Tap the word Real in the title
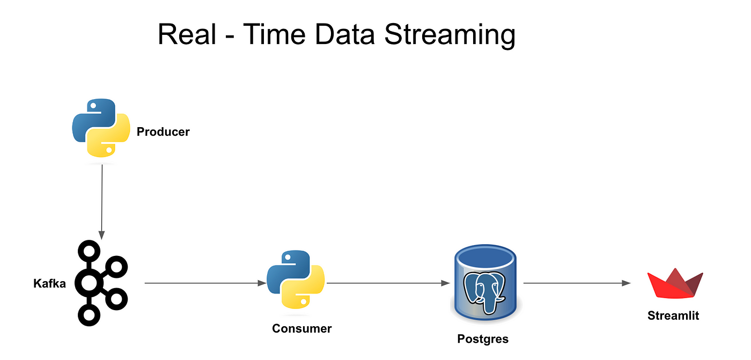(x=187, y=34)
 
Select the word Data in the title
(x=344, y=34)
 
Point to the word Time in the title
(x=274, y=34)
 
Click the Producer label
(x=163, y=132)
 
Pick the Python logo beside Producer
(x=101, y=128)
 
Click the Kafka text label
(x=49, y=284)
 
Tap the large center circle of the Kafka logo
(x=89, y=284)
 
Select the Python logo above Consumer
(x=296, y=279)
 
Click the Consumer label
(x=301, y=328)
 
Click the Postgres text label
(x=483, y=339)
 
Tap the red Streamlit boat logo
(x=675, y=284)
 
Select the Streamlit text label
(x=673, y=315)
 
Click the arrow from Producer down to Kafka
(x=102, y=202)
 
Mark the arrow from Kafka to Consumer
(x=205, y=283)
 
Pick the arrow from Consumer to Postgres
(x=388, y=283)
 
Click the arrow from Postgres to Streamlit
(x=577, y=283)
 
